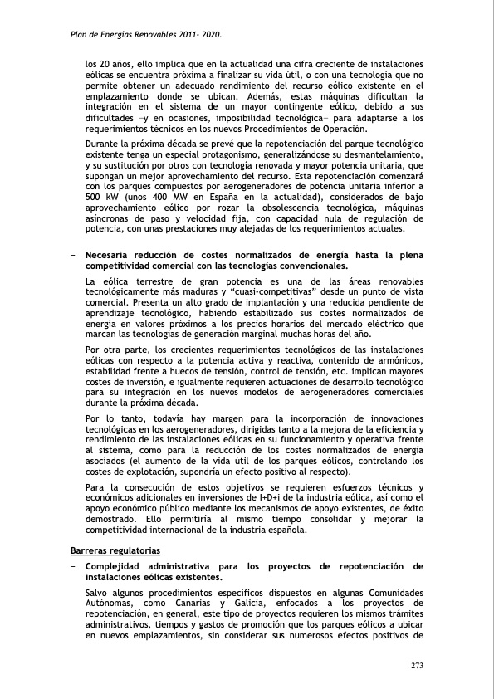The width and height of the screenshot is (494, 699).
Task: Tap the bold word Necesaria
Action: pyautogui.click(x=115, y=254)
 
